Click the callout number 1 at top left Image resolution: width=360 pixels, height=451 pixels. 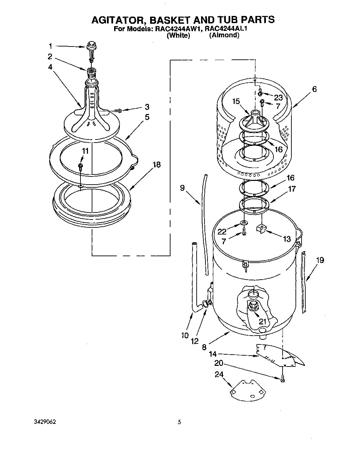click(50, 46)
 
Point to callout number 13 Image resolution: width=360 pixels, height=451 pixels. click(287, 239)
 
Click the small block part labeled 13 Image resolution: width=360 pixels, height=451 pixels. click(261, 228)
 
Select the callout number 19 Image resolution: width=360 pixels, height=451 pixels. click(320, 260)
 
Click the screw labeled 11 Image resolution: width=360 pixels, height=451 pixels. click(81, 166)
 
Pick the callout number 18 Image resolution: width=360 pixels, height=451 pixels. click(157, 165)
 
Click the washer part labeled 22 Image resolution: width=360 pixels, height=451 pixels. click(244, 223)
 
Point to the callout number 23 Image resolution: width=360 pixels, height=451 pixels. click(278, 97)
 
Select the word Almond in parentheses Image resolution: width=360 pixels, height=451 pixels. click(224, 35)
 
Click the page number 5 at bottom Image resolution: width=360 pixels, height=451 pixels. click(179, 422)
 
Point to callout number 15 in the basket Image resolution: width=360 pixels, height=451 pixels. click(236, 101)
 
